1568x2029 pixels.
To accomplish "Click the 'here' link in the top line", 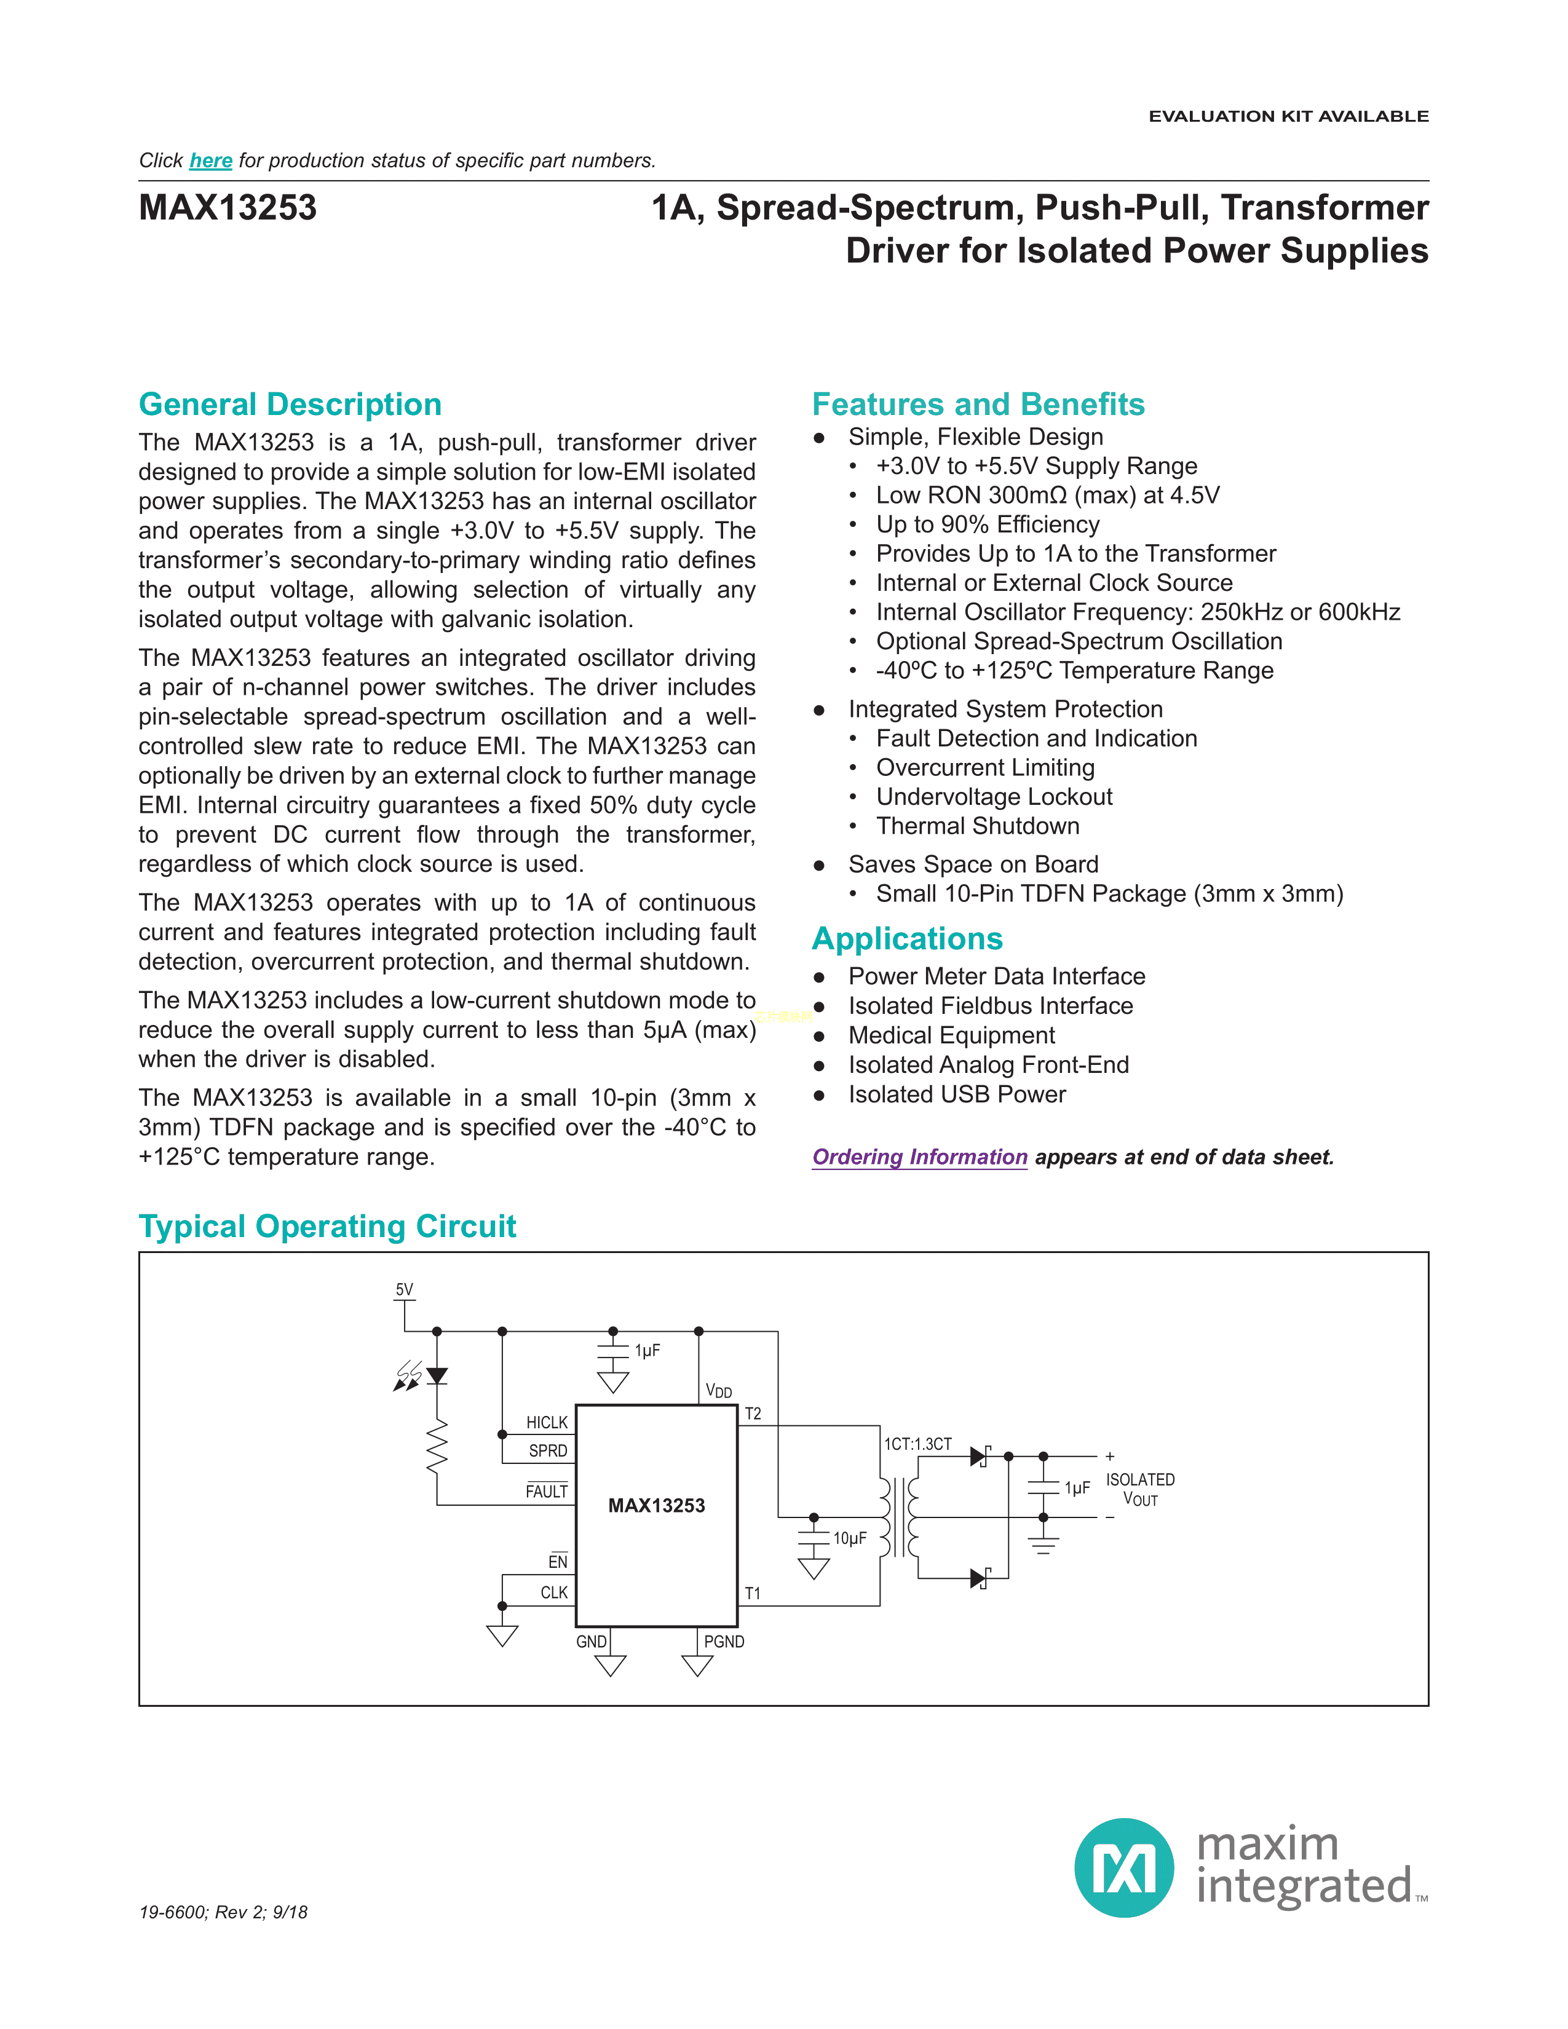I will [x=211, y=160].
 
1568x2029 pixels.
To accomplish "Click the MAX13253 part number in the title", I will [x=228, y=207].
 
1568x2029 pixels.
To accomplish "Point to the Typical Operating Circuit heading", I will [x=327, y=1227].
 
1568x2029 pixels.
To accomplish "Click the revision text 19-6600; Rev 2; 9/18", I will [x=223, y=1912].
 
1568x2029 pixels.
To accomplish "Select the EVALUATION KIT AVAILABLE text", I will [x=1288, y=116].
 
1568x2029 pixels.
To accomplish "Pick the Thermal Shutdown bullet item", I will [x=977, y=826].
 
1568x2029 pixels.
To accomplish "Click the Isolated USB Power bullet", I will [x=957, y=1094].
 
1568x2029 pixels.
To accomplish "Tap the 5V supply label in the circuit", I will [x=404, y=1289].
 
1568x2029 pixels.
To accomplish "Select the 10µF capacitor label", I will [x=849, y=1538].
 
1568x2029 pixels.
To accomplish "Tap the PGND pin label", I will [x=724, y=1642].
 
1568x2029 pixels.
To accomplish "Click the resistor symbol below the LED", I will [x=437, y=1447].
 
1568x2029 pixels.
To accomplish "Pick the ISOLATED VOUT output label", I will [x=1140, y=1489].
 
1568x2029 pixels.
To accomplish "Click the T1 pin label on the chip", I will [x=753, y=1593].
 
